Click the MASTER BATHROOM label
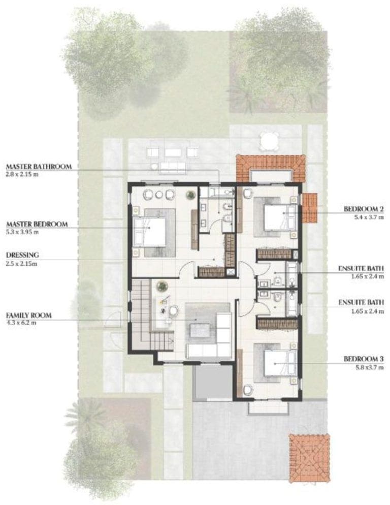coord(39,167)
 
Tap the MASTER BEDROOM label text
coord(37,224)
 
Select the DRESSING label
coord(22,255)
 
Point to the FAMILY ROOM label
coord(28,315)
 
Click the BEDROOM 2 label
coord(364,209)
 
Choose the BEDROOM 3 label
coord(364,359)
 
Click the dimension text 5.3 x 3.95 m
coord(22,232)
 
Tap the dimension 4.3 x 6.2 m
coord(21,323)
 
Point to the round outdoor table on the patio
coord(269,141)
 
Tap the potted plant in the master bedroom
coord(191,195)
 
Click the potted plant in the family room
coord(161,286)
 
